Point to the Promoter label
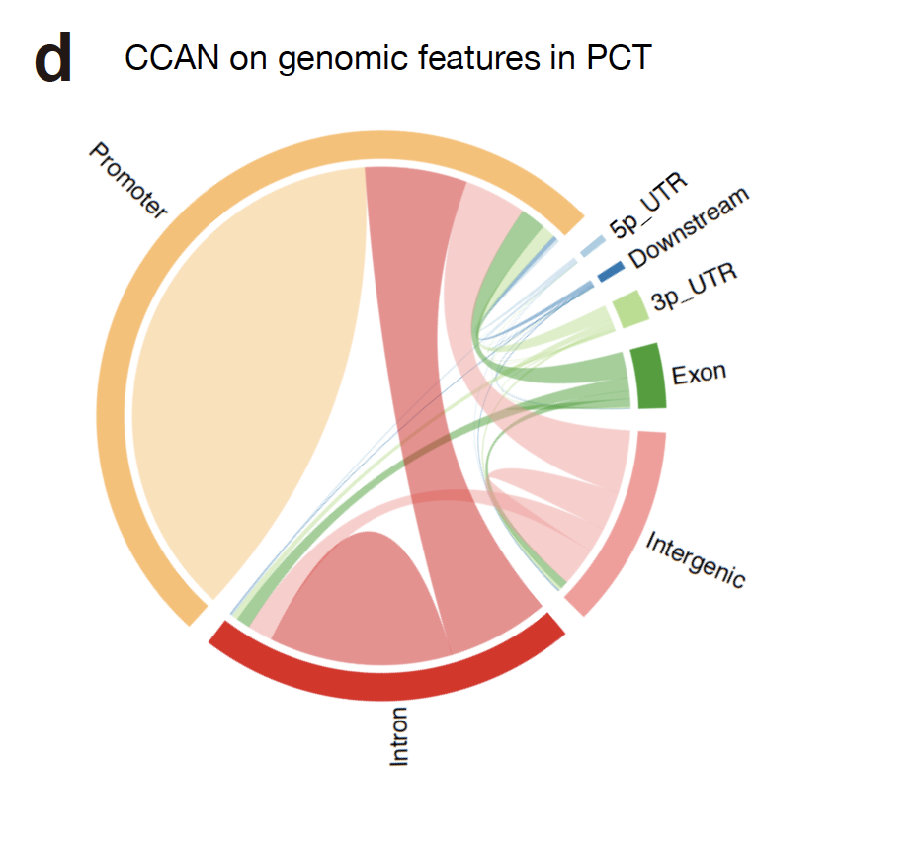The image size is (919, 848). pos(128,181)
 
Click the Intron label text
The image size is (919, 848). pos(399,735)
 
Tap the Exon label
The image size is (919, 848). pos(699,374)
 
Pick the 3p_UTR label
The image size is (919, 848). pos(694,287)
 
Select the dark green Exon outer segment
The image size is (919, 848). pos(649,376)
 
